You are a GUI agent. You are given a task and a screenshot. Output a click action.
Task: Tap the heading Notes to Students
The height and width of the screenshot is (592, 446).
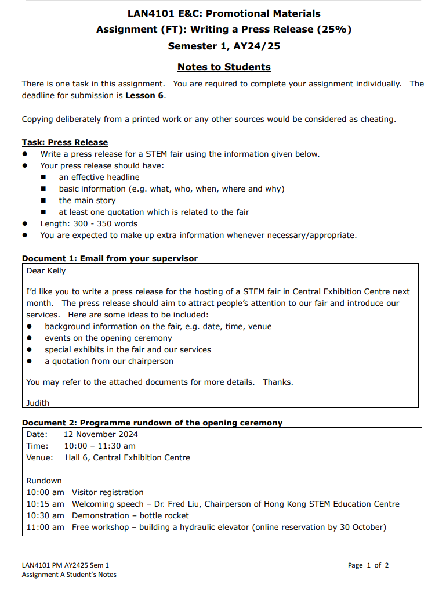224,67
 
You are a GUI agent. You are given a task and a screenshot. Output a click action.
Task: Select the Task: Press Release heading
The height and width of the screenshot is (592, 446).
65,142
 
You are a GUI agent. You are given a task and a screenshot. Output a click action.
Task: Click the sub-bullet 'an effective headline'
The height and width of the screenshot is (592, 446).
99,177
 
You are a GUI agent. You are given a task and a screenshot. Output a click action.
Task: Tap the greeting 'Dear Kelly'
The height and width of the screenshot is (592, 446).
46,270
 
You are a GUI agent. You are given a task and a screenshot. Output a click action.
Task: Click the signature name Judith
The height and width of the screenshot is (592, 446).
38,403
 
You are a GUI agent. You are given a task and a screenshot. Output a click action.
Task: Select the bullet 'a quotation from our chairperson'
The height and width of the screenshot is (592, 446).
109,361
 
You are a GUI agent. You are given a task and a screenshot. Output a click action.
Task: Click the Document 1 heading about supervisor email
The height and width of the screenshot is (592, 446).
110,258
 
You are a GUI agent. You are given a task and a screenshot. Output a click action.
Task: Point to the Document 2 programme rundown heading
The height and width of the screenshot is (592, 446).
152,423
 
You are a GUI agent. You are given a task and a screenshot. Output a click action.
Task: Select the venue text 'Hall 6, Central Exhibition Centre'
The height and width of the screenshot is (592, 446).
128,457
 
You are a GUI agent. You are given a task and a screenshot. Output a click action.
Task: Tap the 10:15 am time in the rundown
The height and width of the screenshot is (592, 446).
45,504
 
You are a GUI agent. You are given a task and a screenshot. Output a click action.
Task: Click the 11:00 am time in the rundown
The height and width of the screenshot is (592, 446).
45,527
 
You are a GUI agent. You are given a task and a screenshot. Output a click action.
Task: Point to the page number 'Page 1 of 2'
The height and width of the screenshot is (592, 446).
368,565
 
